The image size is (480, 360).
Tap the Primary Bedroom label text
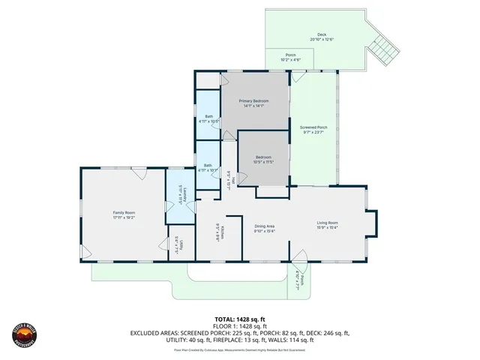253,100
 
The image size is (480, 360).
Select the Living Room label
328,223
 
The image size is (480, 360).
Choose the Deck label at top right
321,34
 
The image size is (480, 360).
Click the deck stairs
382,49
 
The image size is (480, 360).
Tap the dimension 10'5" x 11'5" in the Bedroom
263,161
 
